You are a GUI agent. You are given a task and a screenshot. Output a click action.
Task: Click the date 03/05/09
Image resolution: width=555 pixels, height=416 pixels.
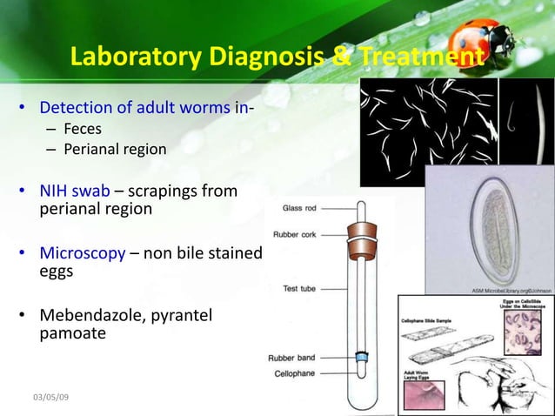pyautogui.click(x=50, y=397)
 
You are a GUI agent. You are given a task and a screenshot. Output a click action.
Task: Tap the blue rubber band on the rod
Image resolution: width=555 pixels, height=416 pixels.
pyautogui.click(x=358, y=356)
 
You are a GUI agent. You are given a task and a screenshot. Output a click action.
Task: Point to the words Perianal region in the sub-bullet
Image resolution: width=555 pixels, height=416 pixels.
pyautogui.click(x=114, y=149)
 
